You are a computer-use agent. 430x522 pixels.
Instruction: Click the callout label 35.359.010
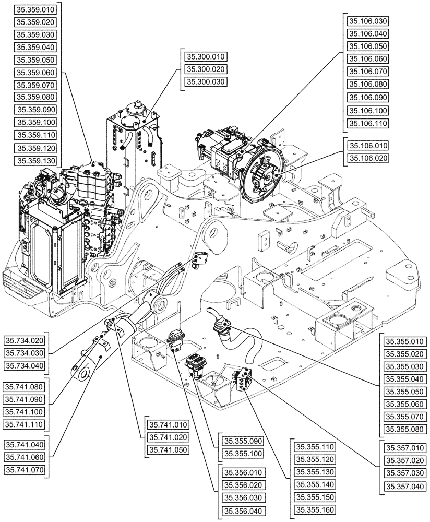click(35, 9)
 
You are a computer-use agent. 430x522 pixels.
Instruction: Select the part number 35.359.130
click(35, 160)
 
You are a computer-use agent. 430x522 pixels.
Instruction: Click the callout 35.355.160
click(315, 509)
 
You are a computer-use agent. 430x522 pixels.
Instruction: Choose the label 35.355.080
click(404, 429)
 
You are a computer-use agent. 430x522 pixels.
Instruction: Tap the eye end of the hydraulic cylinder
click(81, 373)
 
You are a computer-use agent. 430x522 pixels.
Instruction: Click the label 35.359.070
click(35, 85)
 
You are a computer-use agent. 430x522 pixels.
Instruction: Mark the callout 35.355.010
click(404, 342)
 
